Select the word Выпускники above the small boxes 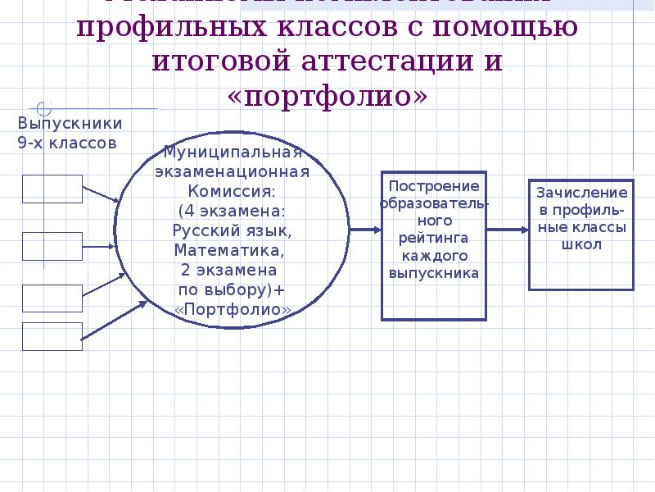click(x=70, y=124)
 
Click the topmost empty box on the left click(x=52, y=189)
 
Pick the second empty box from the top click(x=52, y=245)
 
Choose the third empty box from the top click(x=52, y=298)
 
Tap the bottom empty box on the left click(x=52, y=336)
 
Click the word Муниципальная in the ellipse click(x=233, y=153)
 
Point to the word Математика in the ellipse click(x=230, y=250)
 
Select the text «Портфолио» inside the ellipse click(x=233, y=309)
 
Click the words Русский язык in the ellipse click(x=233, y=230)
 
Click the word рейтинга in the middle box click(x=434, y=238)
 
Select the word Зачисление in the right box click(x=581, y=193)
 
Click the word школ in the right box click(x=582, y=244)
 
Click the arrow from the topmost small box click(x=102, y=194)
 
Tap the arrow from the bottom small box click(x=115, y=321)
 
